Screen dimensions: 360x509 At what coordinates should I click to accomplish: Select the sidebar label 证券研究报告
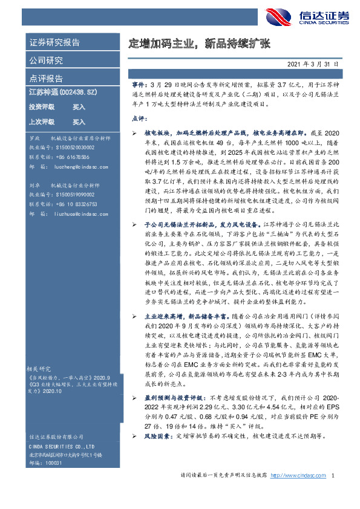(x=54, y=43)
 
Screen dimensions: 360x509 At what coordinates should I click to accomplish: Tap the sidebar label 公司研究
(x=46, y=60)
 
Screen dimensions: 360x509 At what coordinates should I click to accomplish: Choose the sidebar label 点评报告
(x=46, y=79)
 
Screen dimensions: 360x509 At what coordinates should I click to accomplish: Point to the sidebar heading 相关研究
(x=41, y=368)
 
